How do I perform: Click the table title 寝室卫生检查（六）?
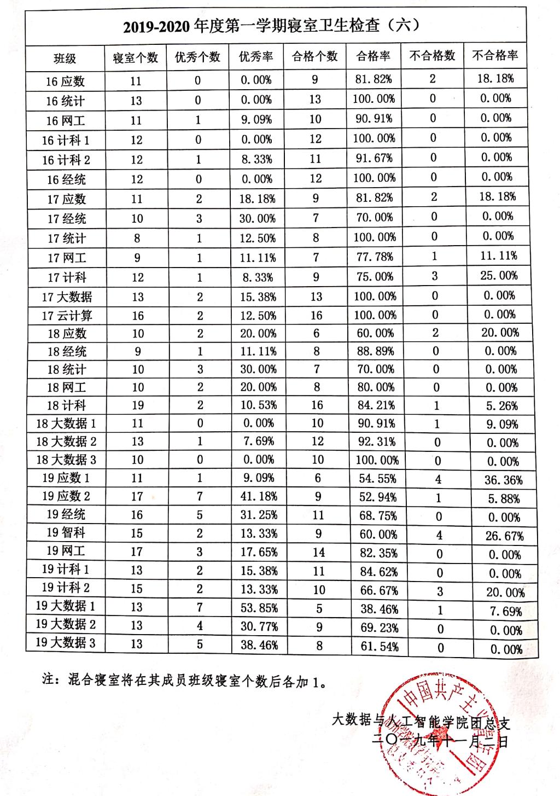(x=272, y=26)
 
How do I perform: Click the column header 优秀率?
(x=255, y=57)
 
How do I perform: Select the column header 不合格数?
(x=432, y=55)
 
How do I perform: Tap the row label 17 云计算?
(x=67, y=316)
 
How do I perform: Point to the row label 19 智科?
(x=66, y=532)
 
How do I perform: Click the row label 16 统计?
(x=65, y=101)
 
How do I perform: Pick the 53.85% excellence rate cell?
(x=259, y=608)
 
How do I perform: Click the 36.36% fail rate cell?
(x=503, y=480)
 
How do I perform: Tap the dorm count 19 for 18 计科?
(x=137, y=405)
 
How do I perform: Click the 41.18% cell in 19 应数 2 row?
(x=259, y=497)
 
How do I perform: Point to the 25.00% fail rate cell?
(x=499, y=276)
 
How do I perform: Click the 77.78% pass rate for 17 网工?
(x=375, y=257)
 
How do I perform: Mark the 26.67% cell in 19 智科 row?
(x=504, y=536)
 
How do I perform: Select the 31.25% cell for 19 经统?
(x=259, y=515)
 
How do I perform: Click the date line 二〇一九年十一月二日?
(x=440, y=742)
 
